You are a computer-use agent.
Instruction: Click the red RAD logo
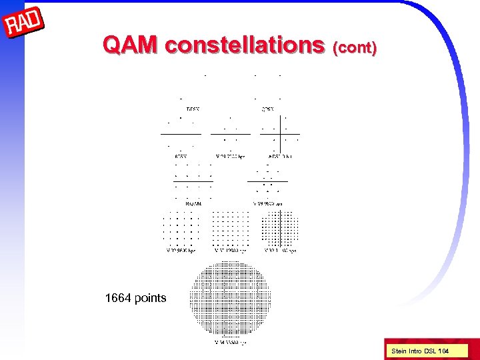point(24,25)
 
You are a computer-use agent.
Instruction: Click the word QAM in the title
point(131,45)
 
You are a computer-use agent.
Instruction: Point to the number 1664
point(118,298)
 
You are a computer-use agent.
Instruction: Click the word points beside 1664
point(150,298)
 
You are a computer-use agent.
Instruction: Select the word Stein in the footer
point(399,350)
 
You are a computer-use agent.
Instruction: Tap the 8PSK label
point(180,157)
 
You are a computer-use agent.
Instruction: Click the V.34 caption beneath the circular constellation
point(230,343)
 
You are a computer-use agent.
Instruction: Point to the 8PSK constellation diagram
point(181,134)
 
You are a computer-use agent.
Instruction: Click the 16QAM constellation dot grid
point(193,181)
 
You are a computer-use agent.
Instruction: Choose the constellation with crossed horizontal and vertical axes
point(280,134)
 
